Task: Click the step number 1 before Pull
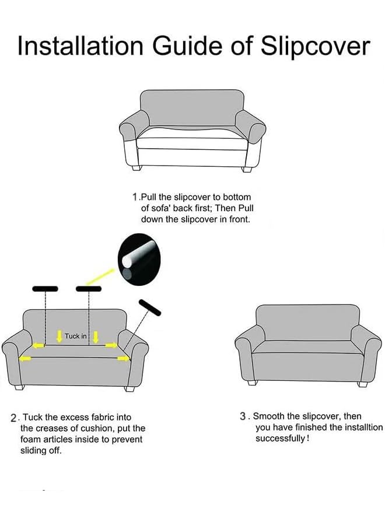point(136,198)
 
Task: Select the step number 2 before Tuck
point(14,418)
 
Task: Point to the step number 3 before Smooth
point(243,416)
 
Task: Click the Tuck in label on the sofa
point(76,336)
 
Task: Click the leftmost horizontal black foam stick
point(45,289)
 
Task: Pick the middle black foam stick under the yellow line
point(88,289)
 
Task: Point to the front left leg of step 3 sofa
point(252,382)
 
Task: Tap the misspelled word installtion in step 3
point(358,428)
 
